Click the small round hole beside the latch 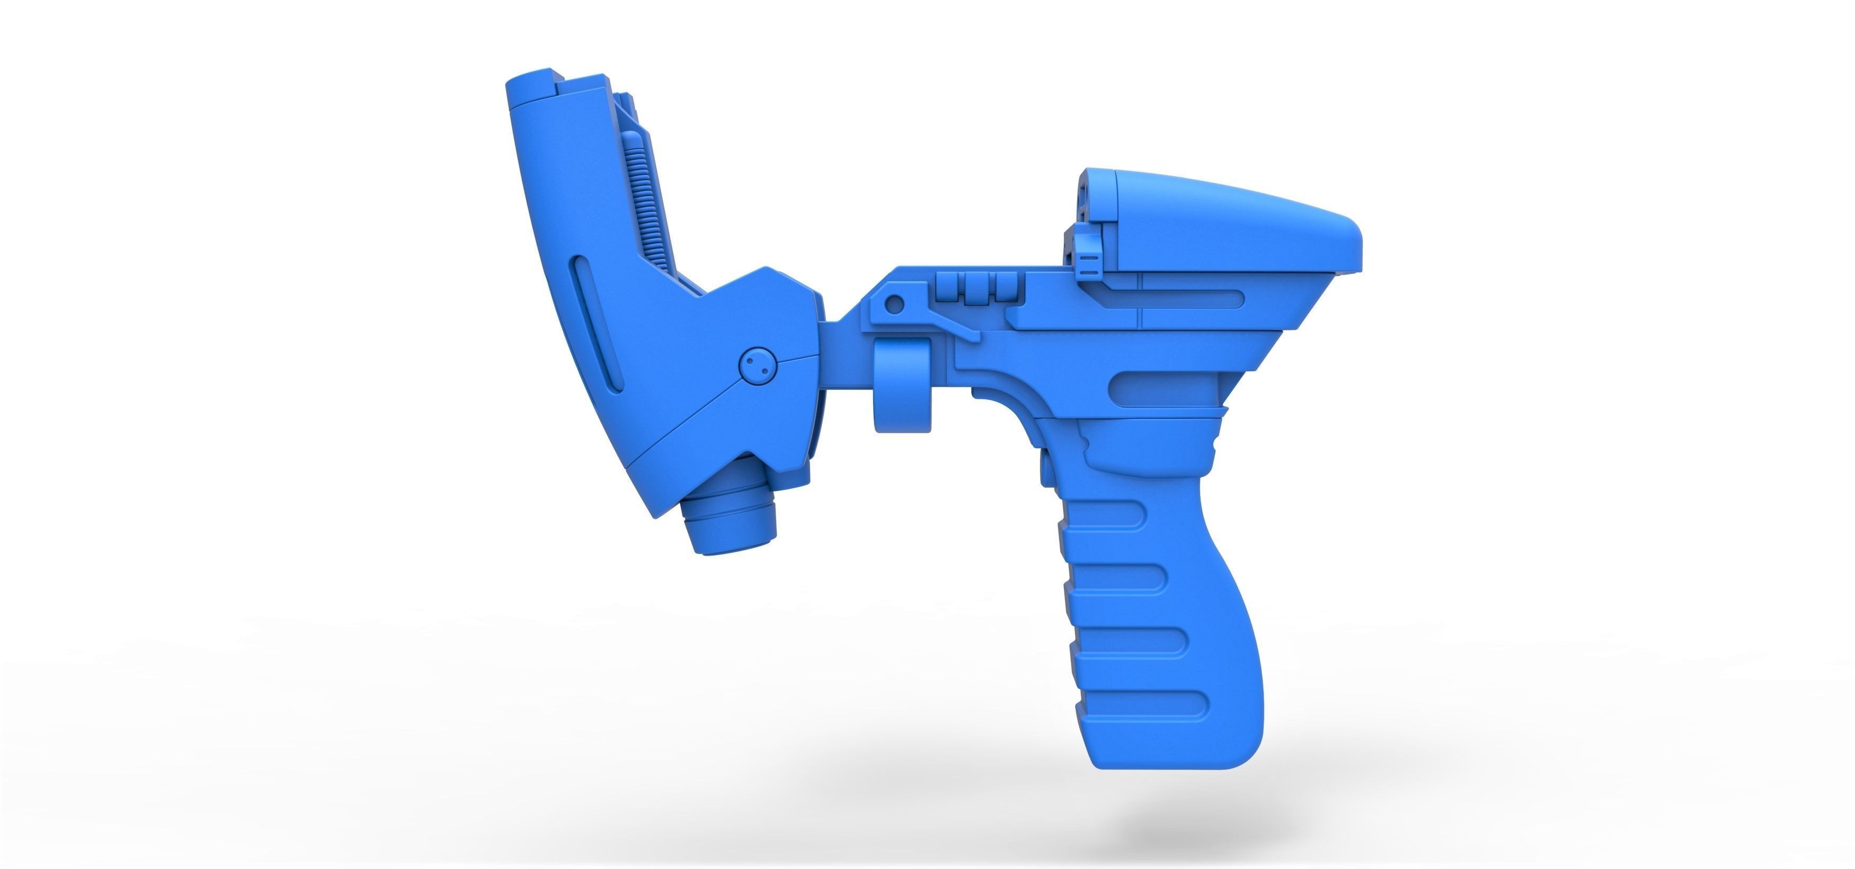point(894,304)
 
